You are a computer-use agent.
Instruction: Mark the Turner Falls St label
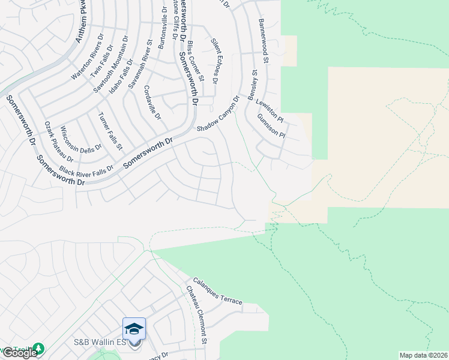(x=110, y=130)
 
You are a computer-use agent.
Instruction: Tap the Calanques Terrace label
(x=217, y=291)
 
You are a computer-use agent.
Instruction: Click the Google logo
(x=20, y=353)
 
